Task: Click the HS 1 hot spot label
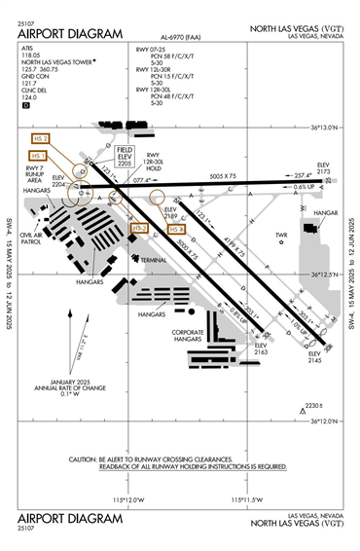[x=38, y=155]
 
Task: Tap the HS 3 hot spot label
[x=140, y=228]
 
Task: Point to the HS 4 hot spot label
[x=176, y=228]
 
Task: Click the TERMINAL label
[x=154, y=260]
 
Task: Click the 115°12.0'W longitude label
[x=127, y=499]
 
